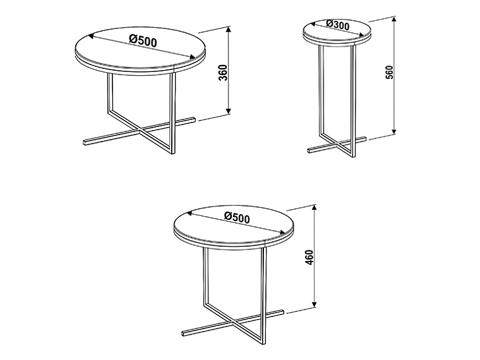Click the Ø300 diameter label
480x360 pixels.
338,25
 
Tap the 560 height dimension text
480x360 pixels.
390,72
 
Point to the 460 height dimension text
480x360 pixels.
309,258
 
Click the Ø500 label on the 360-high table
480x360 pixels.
143,40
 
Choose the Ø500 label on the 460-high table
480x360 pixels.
237,217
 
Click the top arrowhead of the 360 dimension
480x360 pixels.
229,30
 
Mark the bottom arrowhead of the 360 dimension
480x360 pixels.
229,111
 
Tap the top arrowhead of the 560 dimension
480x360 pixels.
394,20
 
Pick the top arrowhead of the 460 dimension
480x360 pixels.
314,208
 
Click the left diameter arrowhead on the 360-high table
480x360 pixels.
90,37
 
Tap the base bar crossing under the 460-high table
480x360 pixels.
233,321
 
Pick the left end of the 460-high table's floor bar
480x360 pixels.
183,333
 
